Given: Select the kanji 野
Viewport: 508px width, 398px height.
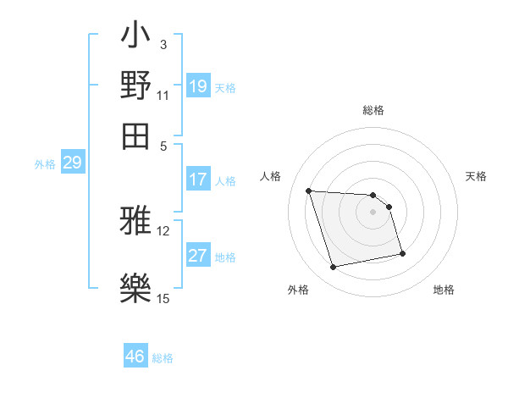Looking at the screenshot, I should click(x=135, y=86).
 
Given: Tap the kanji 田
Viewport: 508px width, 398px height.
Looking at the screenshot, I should click(x=135, y=134).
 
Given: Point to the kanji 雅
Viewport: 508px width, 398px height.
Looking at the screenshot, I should click(x=135, y=221).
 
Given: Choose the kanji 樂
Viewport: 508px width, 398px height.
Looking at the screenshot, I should click(x=135, y=285).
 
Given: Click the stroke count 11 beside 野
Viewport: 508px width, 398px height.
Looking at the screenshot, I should click(x=163, y=96).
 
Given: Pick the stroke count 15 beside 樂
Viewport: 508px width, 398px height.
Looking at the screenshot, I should click(x=163, y=297).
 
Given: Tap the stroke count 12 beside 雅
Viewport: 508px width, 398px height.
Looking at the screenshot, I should click(x=163, y=230).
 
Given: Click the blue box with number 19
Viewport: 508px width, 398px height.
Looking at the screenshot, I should click(x=198, y=86).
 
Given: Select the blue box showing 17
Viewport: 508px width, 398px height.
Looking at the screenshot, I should click(x=198, y=180).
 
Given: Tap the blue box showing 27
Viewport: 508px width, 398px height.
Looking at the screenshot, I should click(x=198, y=257).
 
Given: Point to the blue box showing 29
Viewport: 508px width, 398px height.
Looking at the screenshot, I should click(x=72, y=163).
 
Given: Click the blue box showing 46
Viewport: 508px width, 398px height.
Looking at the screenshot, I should click(x=135, y=357).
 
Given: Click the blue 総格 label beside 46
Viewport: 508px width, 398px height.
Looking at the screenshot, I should click(x=163, y=358).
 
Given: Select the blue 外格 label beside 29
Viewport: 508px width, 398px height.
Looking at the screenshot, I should click(x=45, y=165).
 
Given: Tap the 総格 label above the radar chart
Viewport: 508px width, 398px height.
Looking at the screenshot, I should click(x=373, y=110).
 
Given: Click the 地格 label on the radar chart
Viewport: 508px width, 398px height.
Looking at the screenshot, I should click(x=444, y=290).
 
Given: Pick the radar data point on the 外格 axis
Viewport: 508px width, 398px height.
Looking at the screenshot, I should click(x=334, y=268).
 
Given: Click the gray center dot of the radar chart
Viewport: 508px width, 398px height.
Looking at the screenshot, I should click(x=373, y=212).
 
